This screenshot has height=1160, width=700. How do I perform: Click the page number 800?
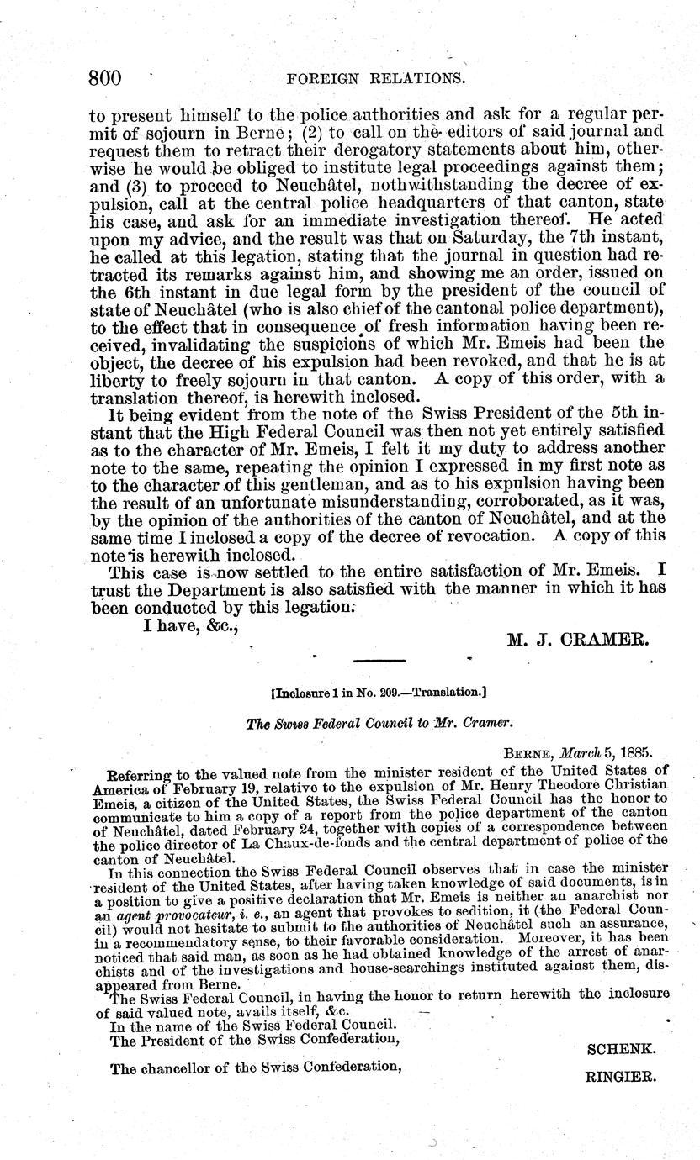point(106,79)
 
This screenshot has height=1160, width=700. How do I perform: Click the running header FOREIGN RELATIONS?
point(376,80)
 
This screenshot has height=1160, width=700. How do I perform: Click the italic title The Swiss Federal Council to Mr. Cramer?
point(380,722)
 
